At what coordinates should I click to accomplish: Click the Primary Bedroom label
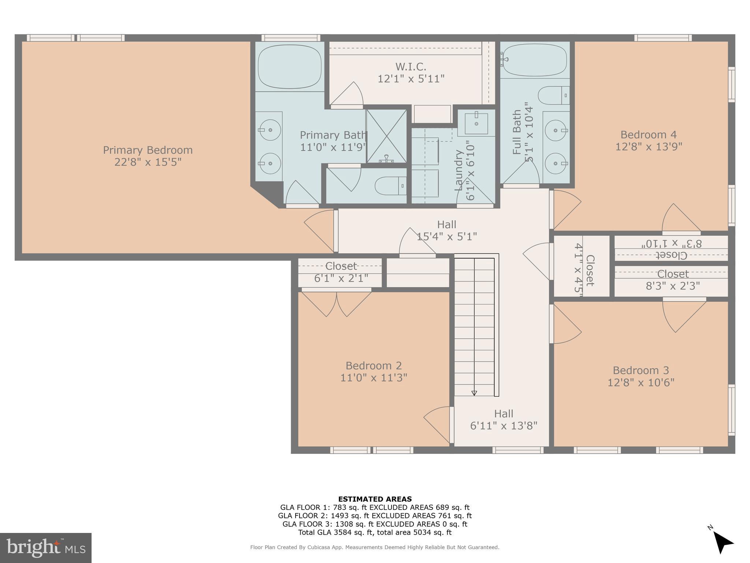(148, 150)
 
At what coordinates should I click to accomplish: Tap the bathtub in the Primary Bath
(289, 66)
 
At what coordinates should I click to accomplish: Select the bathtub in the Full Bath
(535, 60)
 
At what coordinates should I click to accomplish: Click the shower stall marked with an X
(386, 136)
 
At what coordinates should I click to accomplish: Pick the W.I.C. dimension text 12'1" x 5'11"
(411, 79)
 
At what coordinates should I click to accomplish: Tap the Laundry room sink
(476, 124)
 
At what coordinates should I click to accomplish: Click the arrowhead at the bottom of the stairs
(474, 393)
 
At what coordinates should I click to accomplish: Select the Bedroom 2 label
(374, 366)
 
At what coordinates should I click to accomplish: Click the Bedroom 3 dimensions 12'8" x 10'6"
(641, 383)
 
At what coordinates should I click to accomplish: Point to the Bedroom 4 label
(648, 135)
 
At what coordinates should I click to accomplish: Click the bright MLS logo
(46, 548)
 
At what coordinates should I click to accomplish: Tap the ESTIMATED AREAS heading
(375, 499)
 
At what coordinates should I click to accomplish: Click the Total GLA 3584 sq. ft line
(375, 533)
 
